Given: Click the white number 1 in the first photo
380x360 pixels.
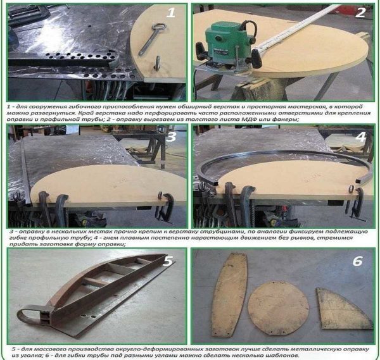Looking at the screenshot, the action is [171, 12].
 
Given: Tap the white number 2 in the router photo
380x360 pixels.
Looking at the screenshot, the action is [360, 13].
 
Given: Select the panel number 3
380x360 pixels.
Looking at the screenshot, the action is [171, 137].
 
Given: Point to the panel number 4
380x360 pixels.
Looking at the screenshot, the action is [360, 137].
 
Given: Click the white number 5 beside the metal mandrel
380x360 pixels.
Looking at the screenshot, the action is [168, 261].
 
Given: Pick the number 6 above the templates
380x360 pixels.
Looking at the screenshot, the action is [357, 261].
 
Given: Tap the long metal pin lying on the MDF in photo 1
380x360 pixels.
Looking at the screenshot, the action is [151, 39].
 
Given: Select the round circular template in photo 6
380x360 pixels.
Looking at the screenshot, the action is [279, 308].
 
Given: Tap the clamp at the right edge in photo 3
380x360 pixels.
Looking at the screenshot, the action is [165, 206].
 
